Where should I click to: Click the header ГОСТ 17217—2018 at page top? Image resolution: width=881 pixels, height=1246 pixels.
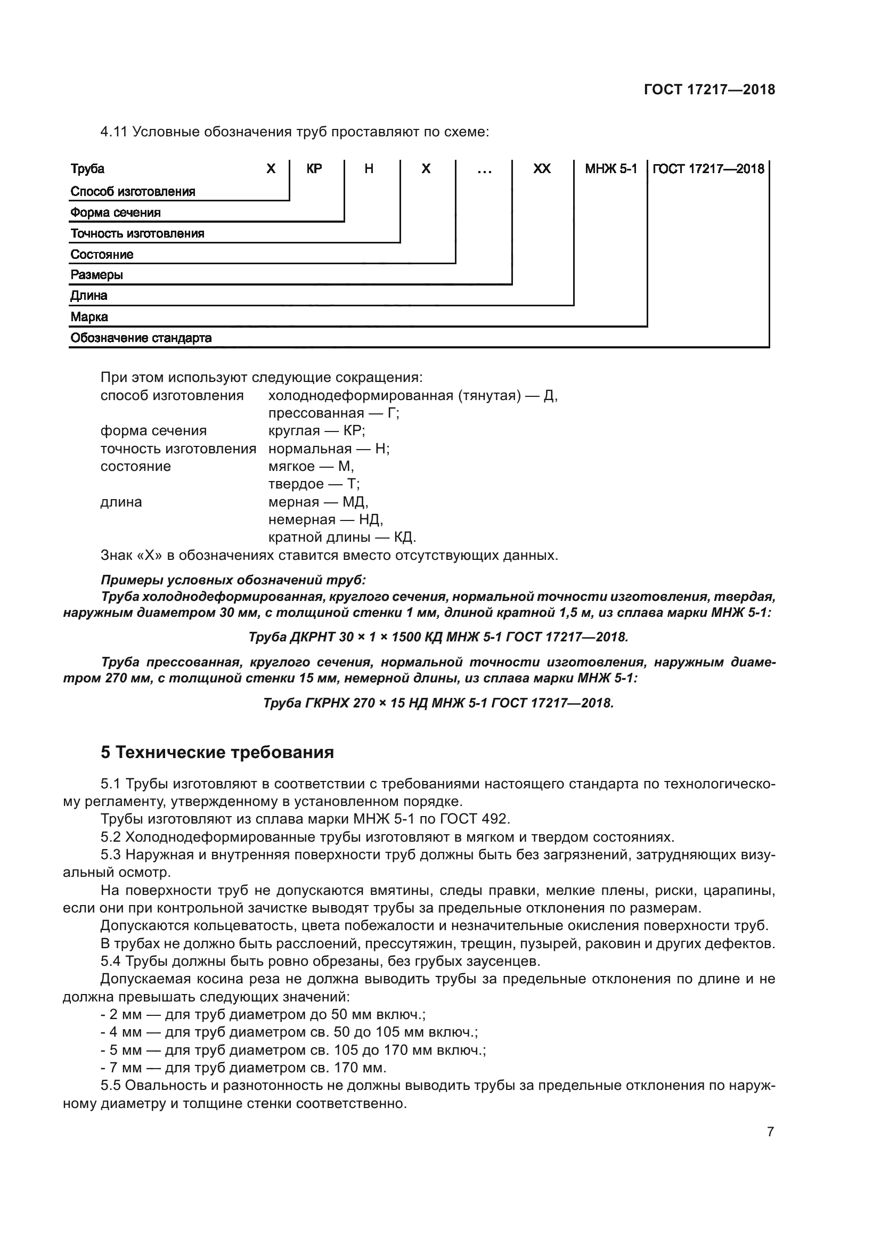709,89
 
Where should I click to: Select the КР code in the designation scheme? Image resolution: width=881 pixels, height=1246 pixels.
314,169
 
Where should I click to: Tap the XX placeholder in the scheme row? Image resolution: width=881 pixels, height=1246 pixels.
542,169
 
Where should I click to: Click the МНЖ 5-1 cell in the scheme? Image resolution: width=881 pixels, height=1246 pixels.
611,169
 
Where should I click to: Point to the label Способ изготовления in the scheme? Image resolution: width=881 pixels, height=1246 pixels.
133,192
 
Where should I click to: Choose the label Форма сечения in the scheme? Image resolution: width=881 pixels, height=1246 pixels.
116,213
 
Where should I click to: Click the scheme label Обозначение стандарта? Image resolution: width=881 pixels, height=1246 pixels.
141,338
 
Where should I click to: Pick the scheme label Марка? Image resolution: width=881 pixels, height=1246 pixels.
89,317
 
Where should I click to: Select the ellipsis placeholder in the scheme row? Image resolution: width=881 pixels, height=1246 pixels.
484,170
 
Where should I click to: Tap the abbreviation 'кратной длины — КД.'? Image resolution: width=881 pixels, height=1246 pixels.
342,538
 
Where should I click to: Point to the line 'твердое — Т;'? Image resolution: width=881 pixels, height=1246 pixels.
314,484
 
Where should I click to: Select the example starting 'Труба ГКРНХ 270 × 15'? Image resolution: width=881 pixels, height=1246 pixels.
438,703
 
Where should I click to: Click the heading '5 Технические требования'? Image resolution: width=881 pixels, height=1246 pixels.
217,753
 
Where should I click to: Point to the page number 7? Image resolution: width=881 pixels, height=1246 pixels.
770,1131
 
